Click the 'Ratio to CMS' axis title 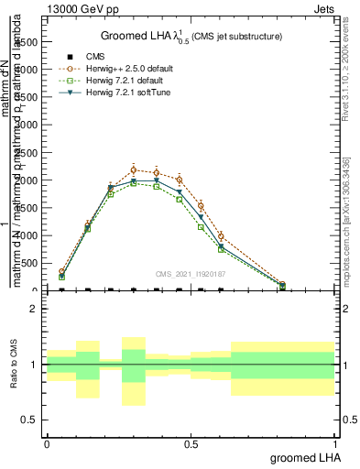14,364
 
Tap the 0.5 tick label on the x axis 190,443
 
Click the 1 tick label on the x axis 333,443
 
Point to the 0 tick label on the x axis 46,443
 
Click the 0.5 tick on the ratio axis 30,420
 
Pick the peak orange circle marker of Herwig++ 134,169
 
